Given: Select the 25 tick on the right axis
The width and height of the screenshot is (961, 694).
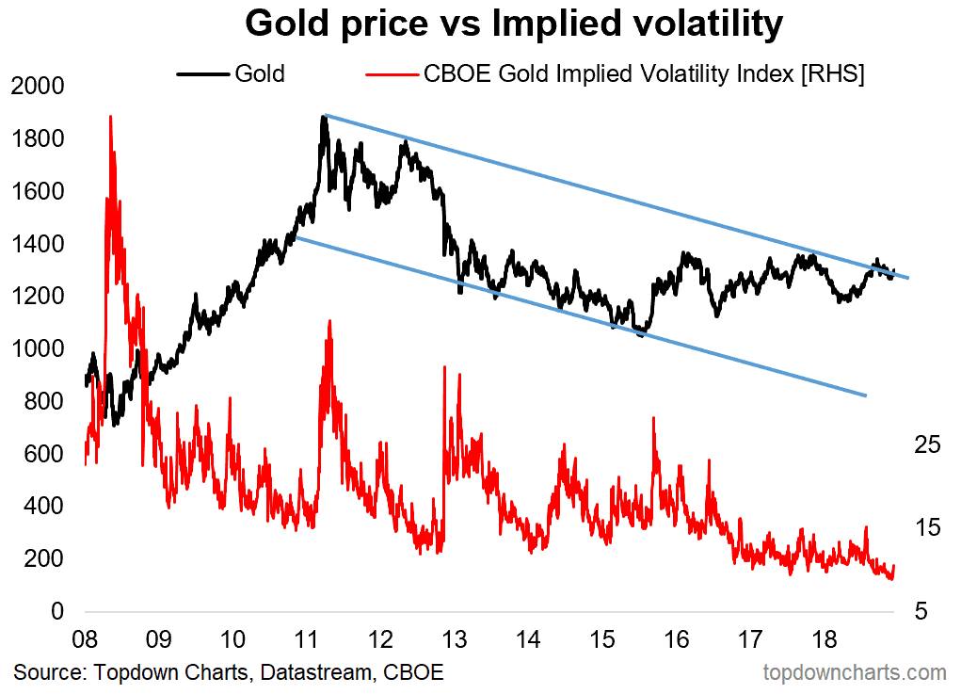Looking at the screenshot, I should pyautogui.click(x=928, y=444).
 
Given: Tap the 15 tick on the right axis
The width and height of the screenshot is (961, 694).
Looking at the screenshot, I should pyautogui.click(x=928, y=527).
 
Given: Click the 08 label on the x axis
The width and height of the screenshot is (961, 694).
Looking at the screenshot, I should pyautogui.click(x=85, y=639).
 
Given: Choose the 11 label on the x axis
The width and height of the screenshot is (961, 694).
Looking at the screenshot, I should pyautogui.click(x=306, y=639).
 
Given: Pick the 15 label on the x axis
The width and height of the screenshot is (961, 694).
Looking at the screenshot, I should pyautogui.click(x=602, y=639).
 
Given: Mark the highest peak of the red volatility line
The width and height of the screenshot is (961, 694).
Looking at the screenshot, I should pyautogui.click(x=110, y=117).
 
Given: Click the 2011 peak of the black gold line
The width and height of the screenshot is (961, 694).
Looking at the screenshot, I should pyautogui.click(x=325, y=117).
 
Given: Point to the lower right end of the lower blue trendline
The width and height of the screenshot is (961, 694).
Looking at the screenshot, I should pyautogui.click(x=865, y=395).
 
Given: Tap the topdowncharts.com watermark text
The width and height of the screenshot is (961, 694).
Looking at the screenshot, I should pyautogui.click(x=854, y=672).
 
